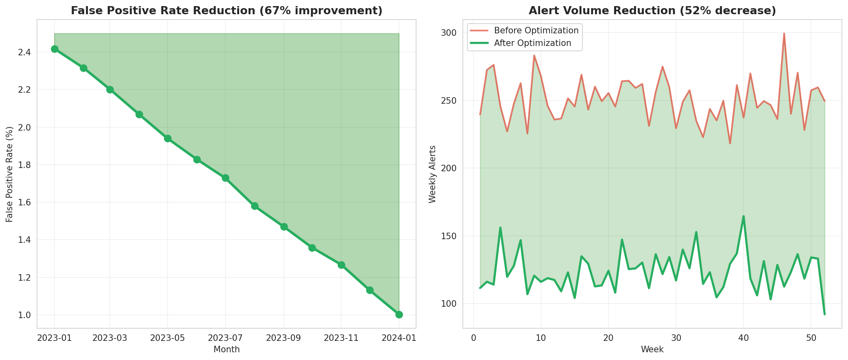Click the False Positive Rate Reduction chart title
tap(227, 11)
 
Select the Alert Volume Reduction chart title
tap(652, 11)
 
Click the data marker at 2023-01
tap(54, 49)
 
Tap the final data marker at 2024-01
tap(399, 314)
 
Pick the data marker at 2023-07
tap(225, 178)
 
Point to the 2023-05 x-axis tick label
tap(168, 338)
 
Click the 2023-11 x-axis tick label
tap(341, 338)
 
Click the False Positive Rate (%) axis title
tap(10, 174)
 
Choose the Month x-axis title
tap(227, 349)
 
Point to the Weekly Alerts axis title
tap(432, 174)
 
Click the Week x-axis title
tap(652, 349)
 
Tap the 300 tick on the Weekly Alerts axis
tap(449, 33)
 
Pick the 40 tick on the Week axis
tap(743, 338)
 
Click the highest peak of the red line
tap(784, 33)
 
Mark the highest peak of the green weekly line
tap(743, 216)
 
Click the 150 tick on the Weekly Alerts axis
tap(449, 236)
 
